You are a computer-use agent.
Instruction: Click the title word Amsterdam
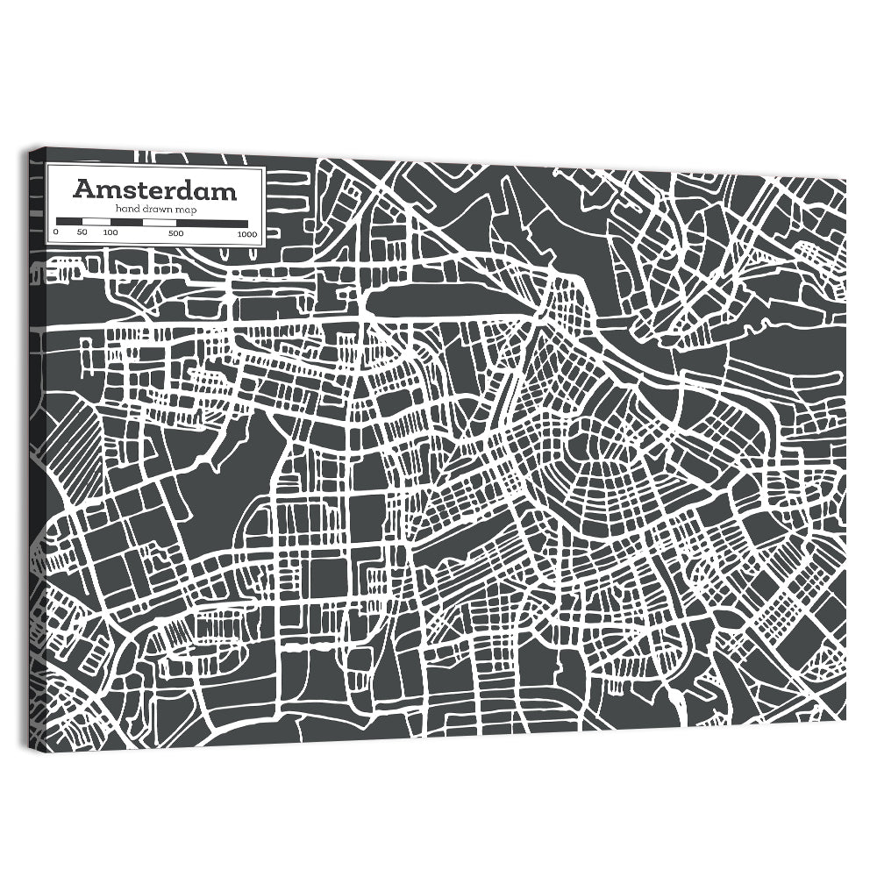154,189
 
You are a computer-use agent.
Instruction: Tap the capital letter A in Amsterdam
83,189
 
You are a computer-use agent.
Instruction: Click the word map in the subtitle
185,210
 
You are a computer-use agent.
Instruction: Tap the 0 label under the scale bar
56,233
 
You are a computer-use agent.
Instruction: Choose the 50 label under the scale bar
82,233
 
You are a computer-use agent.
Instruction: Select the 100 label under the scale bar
110,233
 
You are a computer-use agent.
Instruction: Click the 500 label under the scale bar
176,233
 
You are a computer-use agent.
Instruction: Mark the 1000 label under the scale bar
246,233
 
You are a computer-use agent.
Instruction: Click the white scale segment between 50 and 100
95,222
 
